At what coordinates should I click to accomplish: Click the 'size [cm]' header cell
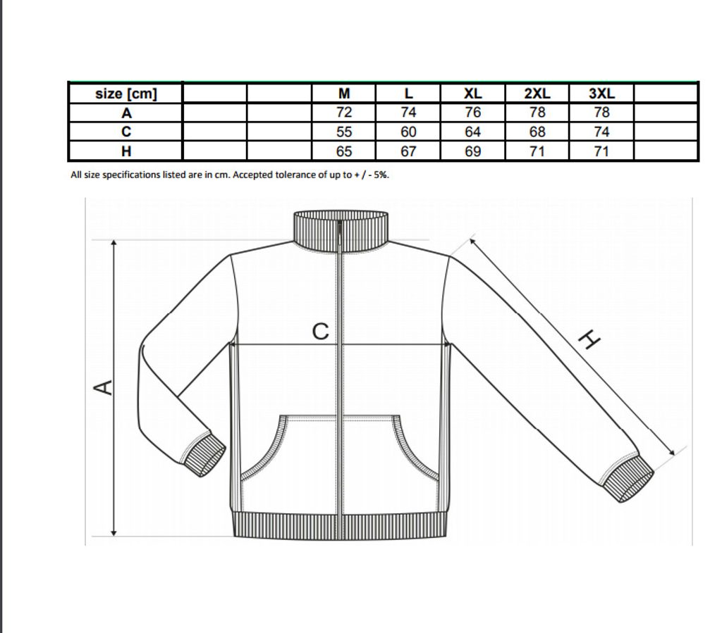tap(126, 94)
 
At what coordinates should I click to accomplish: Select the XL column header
tap(472, 94)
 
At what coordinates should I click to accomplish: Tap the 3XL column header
tap(601, 94)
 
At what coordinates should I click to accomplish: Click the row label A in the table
tap(126, 113)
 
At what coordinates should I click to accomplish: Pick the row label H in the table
tap(126, 151)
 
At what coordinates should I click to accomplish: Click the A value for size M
tap(344, 113)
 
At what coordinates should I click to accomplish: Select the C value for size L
tap(408, 132)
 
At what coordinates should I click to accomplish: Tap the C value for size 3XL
tap(601, 132)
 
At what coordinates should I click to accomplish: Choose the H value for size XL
tap(472, 151)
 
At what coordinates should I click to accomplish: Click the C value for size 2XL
tap(537, 132)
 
